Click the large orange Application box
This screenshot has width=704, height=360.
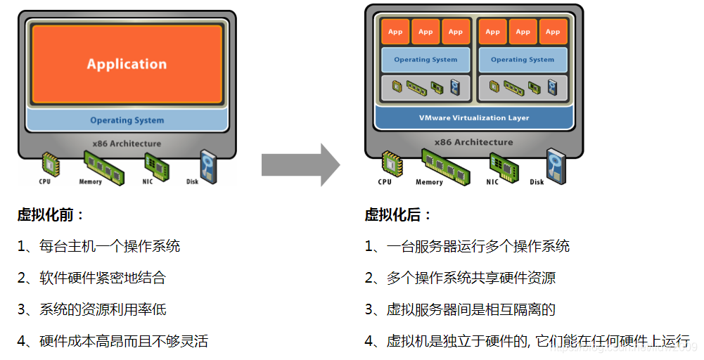click(127, 63)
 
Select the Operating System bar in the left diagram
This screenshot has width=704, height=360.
click(127, 120)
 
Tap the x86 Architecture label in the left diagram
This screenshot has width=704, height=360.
click(127, 143)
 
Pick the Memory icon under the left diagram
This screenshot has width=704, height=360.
click(99, 166)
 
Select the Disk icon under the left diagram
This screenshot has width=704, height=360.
click(207, 165)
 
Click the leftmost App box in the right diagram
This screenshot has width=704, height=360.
click(395, 32)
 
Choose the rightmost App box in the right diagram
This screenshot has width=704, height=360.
click(553, 32)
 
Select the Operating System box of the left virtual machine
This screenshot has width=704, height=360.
click(425, 60)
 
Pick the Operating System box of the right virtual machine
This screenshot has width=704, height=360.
click(523, 60)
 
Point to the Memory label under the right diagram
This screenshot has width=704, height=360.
click(429, 182)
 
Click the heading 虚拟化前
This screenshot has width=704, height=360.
click(51, 215)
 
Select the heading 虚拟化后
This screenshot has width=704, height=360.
click(398, 215)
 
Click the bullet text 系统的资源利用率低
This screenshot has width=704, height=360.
click(103, 309)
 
